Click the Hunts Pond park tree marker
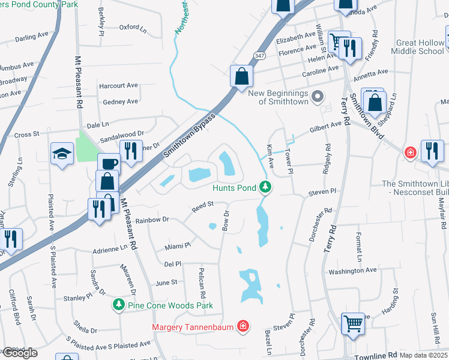pos(265,188)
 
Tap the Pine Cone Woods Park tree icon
pos(119,305)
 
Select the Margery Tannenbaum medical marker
pos(243,326)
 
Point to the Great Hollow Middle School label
pos(420,47)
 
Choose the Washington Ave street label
pos(352,271)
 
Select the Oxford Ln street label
pos(133,27)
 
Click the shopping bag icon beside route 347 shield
pos(241,77)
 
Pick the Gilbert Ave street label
pos(325,128)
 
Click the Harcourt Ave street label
pos(118,85)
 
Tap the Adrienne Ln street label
pos(111,247)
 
